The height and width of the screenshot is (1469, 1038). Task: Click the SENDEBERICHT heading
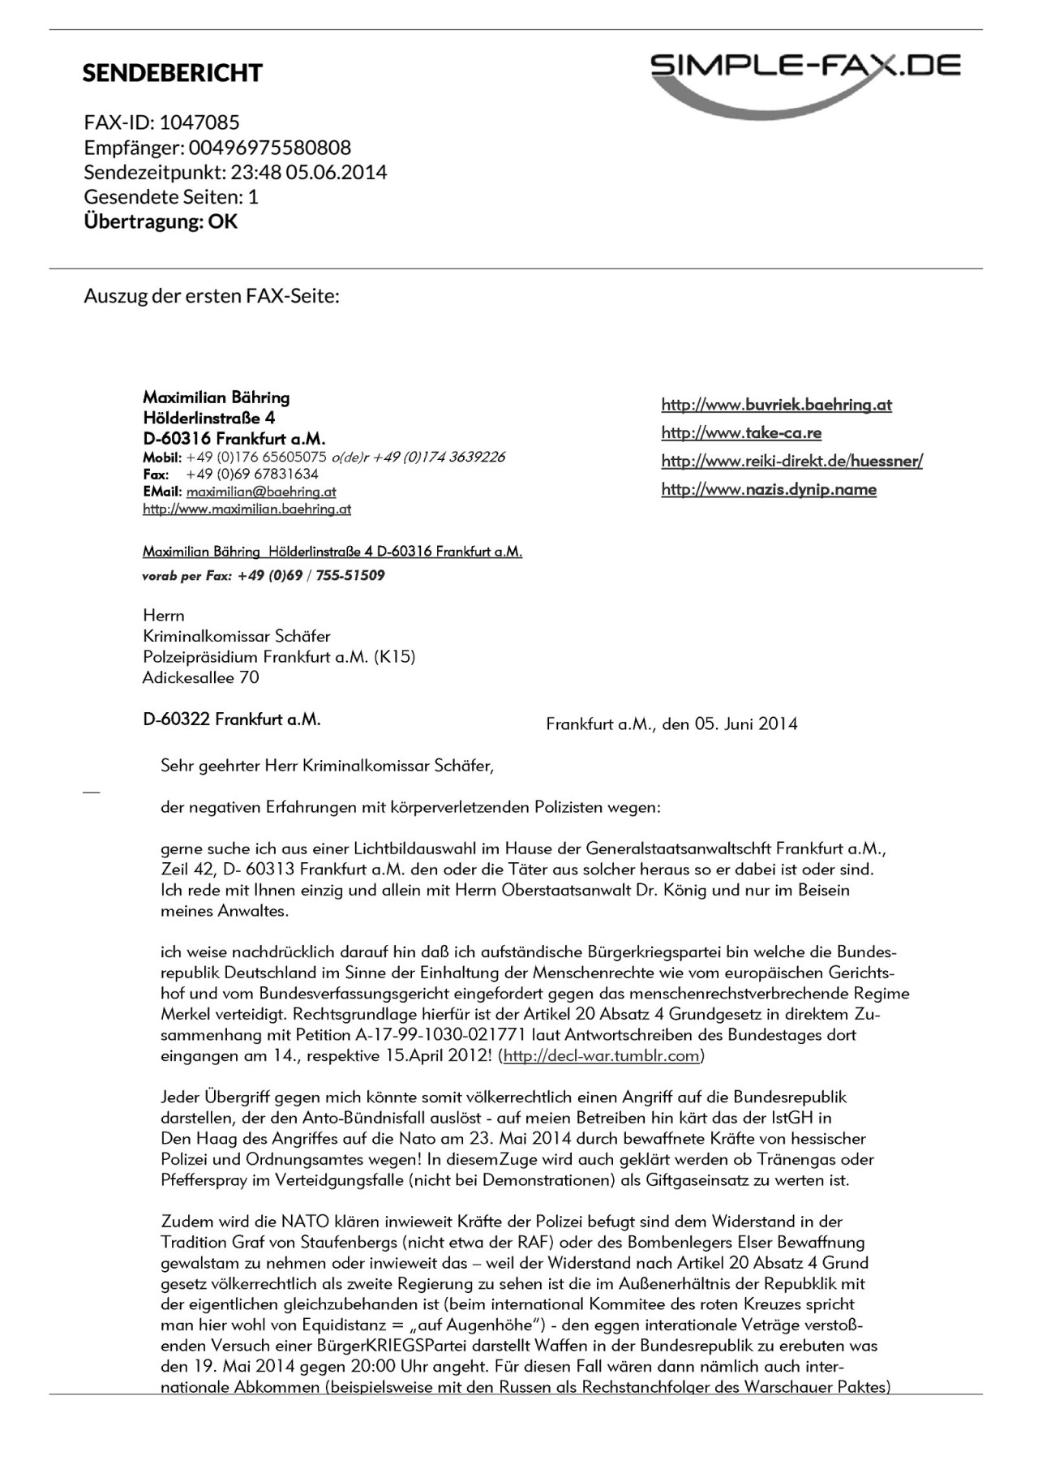click(173, 73)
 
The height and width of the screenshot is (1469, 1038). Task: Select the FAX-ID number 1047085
click(199, 122)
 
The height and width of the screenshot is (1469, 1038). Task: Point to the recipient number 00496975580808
click(270, 148)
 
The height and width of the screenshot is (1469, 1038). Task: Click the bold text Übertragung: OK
click(161, 221)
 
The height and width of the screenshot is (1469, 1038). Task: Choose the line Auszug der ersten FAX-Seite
click(212, 295)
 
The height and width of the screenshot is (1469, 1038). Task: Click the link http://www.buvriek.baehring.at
click(776, 405)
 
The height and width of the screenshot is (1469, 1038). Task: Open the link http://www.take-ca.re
click(741, 433)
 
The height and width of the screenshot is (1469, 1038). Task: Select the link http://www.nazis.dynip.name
click(769, 489)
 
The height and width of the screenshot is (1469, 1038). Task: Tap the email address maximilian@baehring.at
click(261, 492)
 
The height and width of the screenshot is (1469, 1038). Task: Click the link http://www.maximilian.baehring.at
click(247, 509)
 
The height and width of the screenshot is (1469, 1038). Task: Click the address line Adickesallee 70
click(201, 677)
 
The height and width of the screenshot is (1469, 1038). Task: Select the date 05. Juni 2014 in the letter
click(746, 724)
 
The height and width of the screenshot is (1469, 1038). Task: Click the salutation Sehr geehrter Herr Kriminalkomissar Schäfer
click(327, 765)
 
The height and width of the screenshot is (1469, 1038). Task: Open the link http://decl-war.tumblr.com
click(601, 1056)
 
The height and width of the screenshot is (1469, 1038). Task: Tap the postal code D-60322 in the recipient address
click(177, 719)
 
